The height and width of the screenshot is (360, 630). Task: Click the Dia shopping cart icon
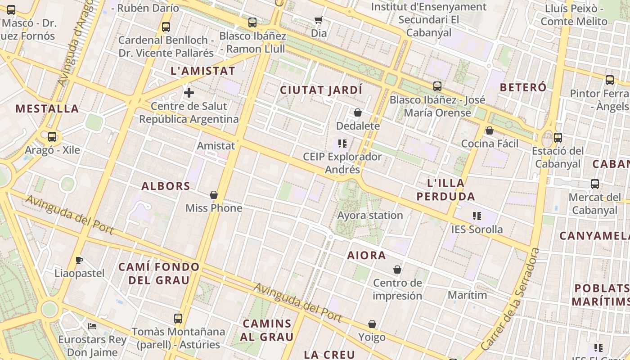pos(319,20)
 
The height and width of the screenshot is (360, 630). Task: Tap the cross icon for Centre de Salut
pos(189,93)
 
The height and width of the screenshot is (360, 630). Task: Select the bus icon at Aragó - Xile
pos(52,137)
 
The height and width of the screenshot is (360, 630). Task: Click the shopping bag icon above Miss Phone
pos(214,195)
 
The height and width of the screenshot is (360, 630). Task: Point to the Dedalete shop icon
pos(358,112)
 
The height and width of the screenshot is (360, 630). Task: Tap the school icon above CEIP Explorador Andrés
pos(342,144)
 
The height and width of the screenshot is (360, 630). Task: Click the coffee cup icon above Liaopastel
pos(79,260)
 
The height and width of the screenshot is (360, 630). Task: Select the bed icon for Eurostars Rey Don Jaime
pos(92,326)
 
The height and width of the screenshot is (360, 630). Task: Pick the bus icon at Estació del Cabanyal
pos(558,138)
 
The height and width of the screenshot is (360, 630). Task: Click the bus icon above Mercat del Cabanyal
pos(595,184)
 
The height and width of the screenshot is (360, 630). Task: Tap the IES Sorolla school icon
pos(477,216)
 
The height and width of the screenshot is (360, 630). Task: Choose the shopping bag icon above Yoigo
pos(372,324)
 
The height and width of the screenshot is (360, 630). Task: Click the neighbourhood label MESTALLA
pos(47,108)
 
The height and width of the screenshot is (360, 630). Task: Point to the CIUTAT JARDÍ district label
pos(321,90)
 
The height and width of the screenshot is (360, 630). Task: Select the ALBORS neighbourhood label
pos(166,186)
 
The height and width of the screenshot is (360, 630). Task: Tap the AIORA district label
pos(366,256)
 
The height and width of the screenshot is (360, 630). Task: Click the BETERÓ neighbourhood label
pos(523,87)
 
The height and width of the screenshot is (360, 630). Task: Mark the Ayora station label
pos(370,215)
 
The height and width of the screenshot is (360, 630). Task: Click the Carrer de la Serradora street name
pos(510,299)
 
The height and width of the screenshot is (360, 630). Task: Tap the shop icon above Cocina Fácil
pos(489,130)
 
